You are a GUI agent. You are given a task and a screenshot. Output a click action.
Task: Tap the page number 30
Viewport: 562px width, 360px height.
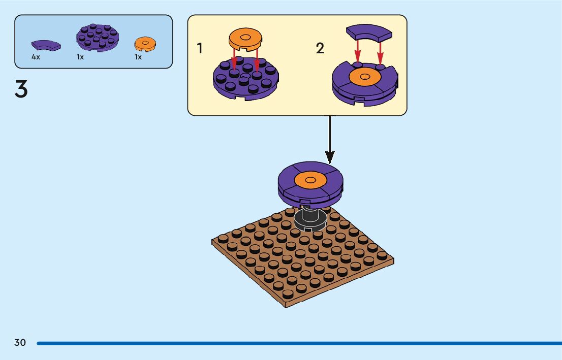tap(20, 343)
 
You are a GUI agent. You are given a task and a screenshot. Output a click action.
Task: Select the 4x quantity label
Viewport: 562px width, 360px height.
tap(36, 57)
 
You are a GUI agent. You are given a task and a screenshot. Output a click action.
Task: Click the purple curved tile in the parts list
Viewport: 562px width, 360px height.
tap(46, 45)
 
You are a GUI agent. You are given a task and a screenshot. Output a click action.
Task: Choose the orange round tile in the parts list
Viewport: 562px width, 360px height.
tap(145, 44)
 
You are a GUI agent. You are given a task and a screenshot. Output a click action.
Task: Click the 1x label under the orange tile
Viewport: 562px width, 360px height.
tap(138, 57)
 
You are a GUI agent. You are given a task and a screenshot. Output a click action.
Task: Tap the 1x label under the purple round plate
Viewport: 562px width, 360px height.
tap(80, 57)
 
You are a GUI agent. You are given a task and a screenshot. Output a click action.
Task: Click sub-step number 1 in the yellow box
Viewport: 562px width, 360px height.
tap(200, 49)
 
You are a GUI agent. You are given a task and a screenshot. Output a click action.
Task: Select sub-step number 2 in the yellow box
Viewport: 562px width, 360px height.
tap(320, 49)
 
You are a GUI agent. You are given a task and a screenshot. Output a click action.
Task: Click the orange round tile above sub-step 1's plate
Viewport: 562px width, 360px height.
tap(245, 38)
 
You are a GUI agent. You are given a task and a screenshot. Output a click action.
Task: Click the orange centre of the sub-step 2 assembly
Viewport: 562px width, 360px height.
tap(365, 77)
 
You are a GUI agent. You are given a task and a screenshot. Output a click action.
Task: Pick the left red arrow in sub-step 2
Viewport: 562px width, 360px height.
tap(358, 50)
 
